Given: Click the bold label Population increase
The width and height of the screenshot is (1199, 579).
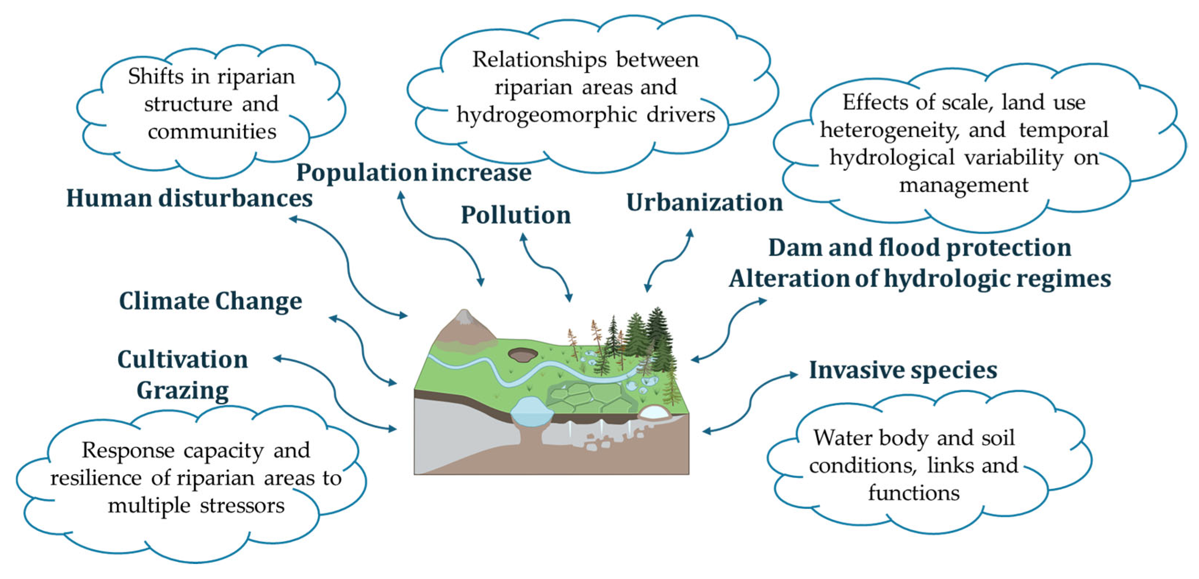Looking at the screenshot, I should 414,173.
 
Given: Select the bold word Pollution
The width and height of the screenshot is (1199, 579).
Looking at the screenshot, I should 516,215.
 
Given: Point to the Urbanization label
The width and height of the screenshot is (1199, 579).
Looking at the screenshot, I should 704,202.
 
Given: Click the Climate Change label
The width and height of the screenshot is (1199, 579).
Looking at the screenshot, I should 210,301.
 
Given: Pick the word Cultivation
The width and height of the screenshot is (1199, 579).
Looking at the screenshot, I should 183,360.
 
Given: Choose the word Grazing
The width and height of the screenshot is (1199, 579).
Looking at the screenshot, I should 183,391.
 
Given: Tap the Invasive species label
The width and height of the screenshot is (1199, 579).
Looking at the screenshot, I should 903,370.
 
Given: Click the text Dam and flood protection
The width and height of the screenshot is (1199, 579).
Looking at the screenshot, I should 919,248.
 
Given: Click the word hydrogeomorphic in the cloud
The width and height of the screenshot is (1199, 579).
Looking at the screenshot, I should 546,115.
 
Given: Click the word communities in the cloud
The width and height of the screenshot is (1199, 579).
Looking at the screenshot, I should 212,132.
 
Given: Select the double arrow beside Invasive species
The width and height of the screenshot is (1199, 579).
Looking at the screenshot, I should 749,403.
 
